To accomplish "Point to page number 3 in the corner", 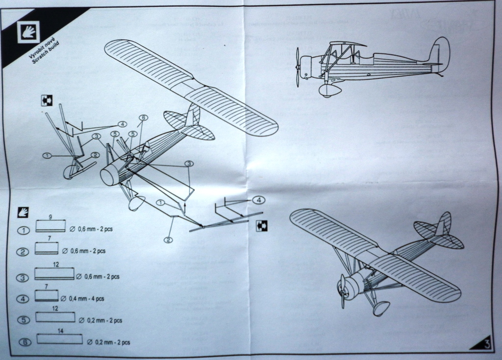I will pyautogui.click(x=486, y=344).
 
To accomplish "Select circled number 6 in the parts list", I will pyautogui.click(x=23, y=341).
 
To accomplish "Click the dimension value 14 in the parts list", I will pyautogui.click(x=60, y=331).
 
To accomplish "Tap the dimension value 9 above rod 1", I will pyautogui.click(x=50, y=216).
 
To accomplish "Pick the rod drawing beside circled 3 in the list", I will pyautogui.click(x=54, y=273).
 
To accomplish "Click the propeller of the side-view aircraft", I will pyautogui.click(x=298, y=67).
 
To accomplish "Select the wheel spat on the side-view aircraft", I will pyautogui.click(x=330, y=90).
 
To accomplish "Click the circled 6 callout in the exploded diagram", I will pyautogui.click(x=143, y=118).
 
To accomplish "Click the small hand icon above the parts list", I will pyautogui.click(x=23, y=212).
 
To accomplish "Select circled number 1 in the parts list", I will pyautogui.click(x=23, y=230).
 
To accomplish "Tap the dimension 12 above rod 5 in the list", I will pyautogui.click(x=55, y=309).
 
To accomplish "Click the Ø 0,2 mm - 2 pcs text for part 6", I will pyautogui.click(x=108, y=341).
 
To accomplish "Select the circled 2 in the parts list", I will pyautogui.click(x=23, y=252).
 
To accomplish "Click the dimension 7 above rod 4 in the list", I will pyautogui.click(x=46, y=286).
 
